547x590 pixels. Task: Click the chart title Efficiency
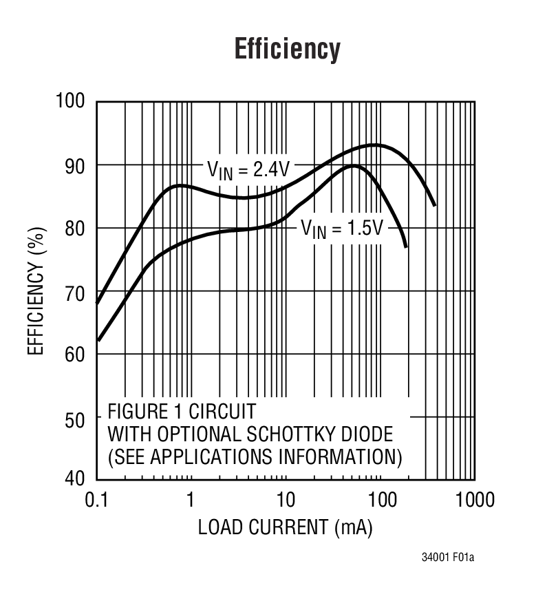click(287, 50)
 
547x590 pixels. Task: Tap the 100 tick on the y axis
click(71, 102)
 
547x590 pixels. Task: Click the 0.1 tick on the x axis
click(96, 499)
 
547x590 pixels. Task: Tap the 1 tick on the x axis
click(191, 499)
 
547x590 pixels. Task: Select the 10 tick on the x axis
click(285, 499)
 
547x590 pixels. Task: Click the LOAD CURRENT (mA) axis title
click(286, 528)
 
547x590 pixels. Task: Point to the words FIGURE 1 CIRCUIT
click(181, 412)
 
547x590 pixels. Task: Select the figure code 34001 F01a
click(447, 557)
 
